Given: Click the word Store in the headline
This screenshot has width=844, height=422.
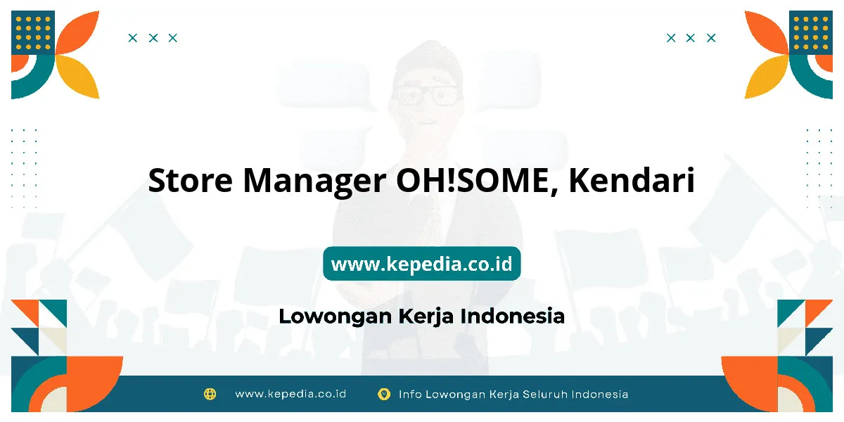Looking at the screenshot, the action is tap(191, 180).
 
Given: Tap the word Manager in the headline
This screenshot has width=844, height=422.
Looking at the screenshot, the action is tap(314, 182).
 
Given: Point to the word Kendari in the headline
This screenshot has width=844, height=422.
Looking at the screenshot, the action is tap(632, 180).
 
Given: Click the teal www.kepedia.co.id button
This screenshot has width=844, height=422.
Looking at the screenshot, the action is tap(421, 263).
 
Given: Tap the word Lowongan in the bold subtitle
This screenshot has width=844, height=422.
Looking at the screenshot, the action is tap(335, 317).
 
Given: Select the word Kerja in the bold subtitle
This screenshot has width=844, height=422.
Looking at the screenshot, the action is tap(426, 317).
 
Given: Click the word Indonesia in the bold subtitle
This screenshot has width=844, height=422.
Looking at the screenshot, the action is tap(513, 316).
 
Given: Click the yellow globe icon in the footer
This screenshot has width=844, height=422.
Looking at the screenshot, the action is tap(210, 394).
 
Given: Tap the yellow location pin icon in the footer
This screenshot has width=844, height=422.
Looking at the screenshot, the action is tap(384, 394).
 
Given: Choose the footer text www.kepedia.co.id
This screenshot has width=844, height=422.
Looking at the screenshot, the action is tap(290, 394).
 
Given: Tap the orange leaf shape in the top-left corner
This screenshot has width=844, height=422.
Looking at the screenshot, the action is tap(77, 32).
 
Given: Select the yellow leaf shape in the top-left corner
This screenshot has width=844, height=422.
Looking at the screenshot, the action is tap(77, 77).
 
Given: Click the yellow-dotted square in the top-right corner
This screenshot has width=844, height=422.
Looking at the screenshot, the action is tap(811, 32).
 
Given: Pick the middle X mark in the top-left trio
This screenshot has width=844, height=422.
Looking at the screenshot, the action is tap(153, 38).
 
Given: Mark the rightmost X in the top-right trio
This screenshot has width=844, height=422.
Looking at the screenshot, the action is tap(711, 38).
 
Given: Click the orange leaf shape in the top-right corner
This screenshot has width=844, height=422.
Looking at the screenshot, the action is tap(767, 32).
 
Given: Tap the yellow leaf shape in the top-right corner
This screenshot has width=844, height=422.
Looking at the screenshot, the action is tap(767, 77).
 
